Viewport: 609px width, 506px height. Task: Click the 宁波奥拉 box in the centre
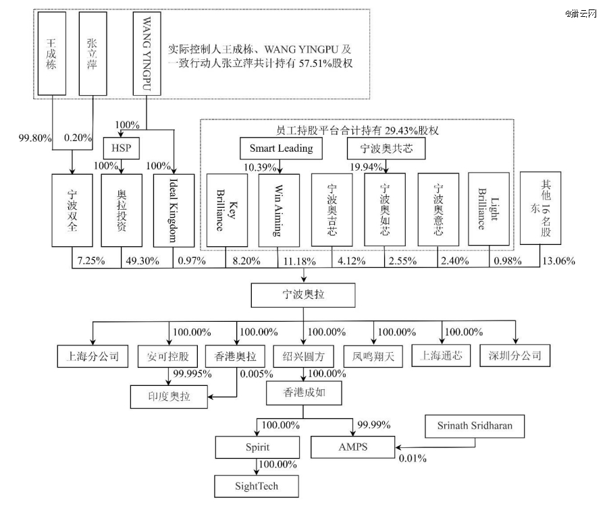303,295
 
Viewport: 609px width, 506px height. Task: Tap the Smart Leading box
281,148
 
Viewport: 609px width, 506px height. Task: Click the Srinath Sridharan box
475,426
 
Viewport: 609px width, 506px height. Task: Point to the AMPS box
354,447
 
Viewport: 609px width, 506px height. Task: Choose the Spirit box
257,447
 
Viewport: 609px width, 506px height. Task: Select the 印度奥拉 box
167,397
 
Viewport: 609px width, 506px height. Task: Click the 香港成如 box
303,392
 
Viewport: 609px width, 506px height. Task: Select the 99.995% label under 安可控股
188,373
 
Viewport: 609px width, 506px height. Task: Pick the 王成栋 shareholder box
51,54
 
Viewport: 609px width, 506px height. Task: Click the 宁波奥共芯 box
386,148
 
